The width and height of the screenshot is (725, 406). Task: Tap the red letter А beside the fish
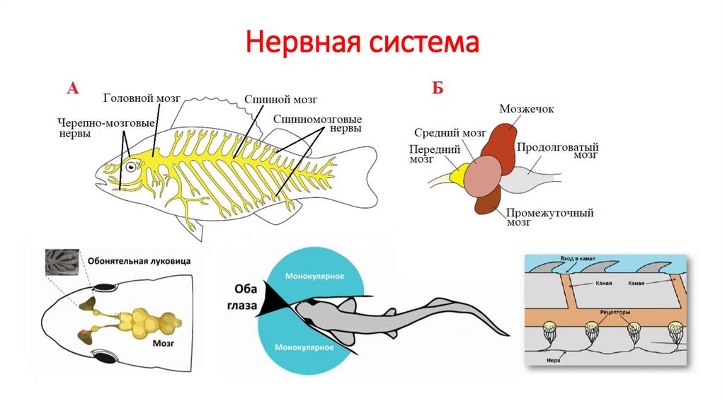[x=72, y=88]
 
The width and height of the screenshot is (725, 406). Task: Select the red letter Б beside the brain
[x=438, y=88]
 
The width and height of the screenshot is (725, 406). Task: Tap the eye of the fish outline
[x=130, y=167]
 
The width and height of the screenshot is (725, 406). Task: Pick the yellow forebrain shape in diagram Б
[x=459, y=172]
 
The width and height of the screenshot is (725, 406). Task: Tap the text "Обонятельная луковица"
[x=139, y=261]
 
